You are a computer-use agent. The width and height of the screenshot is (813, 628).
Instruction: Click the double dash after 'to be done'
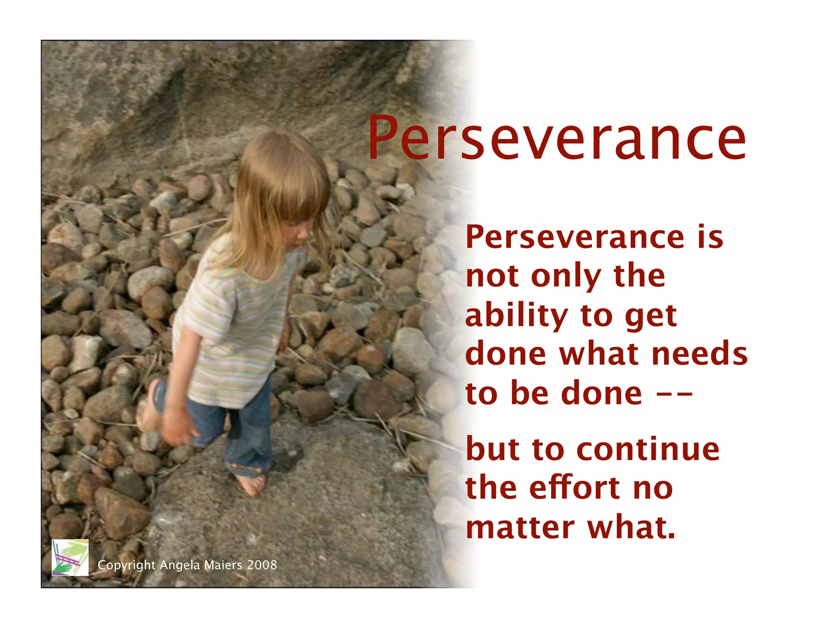click(x=674, y=395)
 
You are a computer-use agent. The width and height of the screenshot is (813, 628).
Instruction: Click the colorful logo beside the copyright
click(x=70, y=557)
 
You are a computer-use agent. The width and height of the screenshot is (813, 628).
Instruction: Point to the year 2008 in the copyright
click(x=262, y=565)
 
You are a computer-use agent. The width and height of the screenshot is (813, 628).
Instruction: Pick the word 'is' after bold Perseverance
click(x=710, y=237)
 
